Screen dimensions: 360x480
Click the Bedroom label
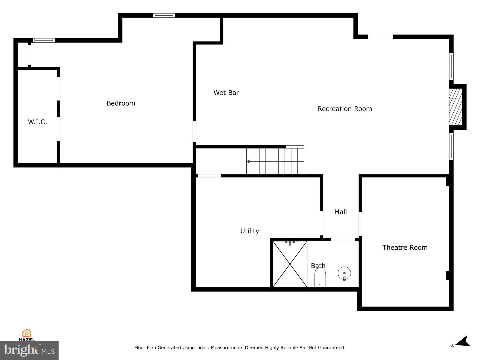pyautogui.click(x=121, y=103)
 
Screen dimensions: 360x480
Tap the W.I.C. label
pyautogui.click(x=37, y=122)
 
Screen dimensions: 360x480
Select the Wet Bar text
pyautogui.click(x=226, y=93)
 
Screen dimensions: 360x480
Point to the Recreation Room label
pyautogui.click(x=345, y=109)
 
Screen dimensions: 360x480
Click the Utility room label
pyautogui.click(x=249, y=231)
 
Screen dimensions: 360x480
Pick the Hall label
pyautogui.click(x=341, y=212)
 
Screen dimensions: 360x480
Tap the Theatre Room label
pyautogui.click(x=405, y=247)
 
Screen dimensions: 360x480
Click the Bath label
pyautogui.click(x=318, y=266)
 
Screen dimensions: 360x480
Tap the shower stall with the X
pyautogui.click(x=290, y=264)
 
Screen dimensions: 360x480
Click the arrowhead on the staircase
pyautogui.click(x=248, y=162)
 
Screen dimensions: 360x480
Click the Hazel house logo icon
pyautogui.click(x=27, y=333)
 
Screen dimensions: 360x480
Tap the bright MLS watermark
pyautogui.click(x=29, y=350)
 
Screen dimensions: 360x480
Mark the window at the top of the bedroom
pyautogui.click(x=164, y=15)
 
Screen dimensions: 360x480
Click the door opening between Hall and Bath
pyautogui.click(x=343, y=240)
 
